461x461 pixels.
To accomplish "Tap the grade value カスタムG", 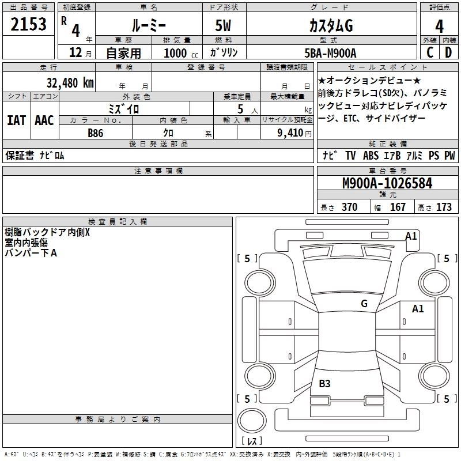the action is (x=330, y=26).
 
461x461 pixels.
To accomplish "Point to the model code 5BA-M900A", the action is (x=330, y=53).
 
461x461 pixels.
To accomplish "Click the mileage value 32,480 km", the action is (x=70, y=82).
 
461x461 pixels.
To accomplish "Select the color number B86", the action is (x=96, y=133).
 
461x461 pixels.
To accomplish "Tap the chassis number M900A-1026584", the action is (x=387, y=183).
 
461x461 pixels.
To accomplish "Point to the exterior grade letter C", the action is (x=429, y=53).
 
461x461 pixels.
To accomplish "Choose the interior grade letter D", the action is (x=448, y=53).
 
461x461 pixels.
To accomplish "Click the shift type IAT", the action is (x=16, y=120).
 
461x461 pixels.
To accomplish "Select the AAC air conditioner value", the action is (x=44, y=120).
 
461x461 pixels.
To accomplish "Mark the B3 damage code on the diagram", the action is (x=324, y=383).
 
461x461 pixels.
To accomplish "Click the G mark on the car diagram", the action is (x=364, y=304).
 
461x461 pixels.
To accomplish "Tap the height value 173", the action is (x=444, y=207).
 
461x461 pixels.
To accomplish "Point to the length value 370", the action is (x=349, y=207).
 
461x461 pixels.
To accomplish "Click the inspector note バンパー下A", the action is (x=31, y=252).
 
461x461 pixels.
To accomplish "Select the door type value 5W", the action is (x=224, y=26).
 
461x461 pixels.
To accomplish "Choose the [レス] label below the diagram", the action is (x=251, y=441).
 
